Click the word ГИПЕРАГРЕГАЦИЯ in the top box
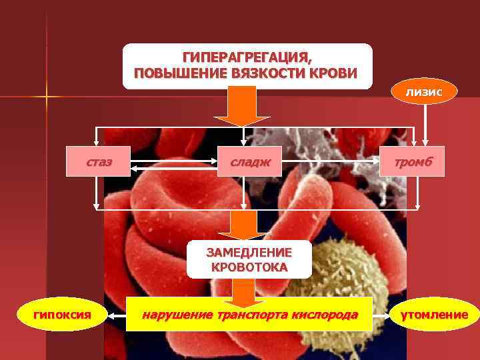coord(247,57)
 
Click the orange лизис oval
coord(424,91)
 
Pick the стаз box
coord(98,162)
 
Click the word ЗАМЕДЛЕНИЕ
coord(249,253)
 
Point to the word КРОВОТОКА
coord(249,267)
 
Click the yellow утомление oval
coord(434,314)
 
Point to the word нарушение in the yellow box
coord(171,314)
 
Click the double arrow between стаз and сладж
coord(175,162)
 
